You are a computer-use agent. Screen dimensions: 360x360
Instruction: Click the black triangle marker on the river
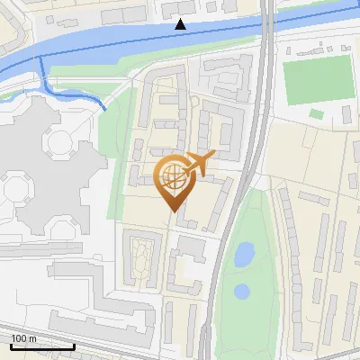(181, 24)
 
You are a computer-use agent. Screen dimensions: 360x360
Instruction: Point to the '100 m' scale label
(24, 338)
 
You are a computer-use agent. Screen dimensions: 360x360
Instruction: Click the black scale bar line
(41, 346)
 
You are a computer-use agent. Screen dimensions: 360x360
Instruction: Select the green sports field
(317, 79)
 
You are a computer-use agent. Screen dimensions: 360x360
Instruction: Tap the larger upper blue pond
(244, 255)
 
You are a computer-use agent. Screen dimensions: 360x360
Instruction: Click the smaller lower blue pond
(241, 292)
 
